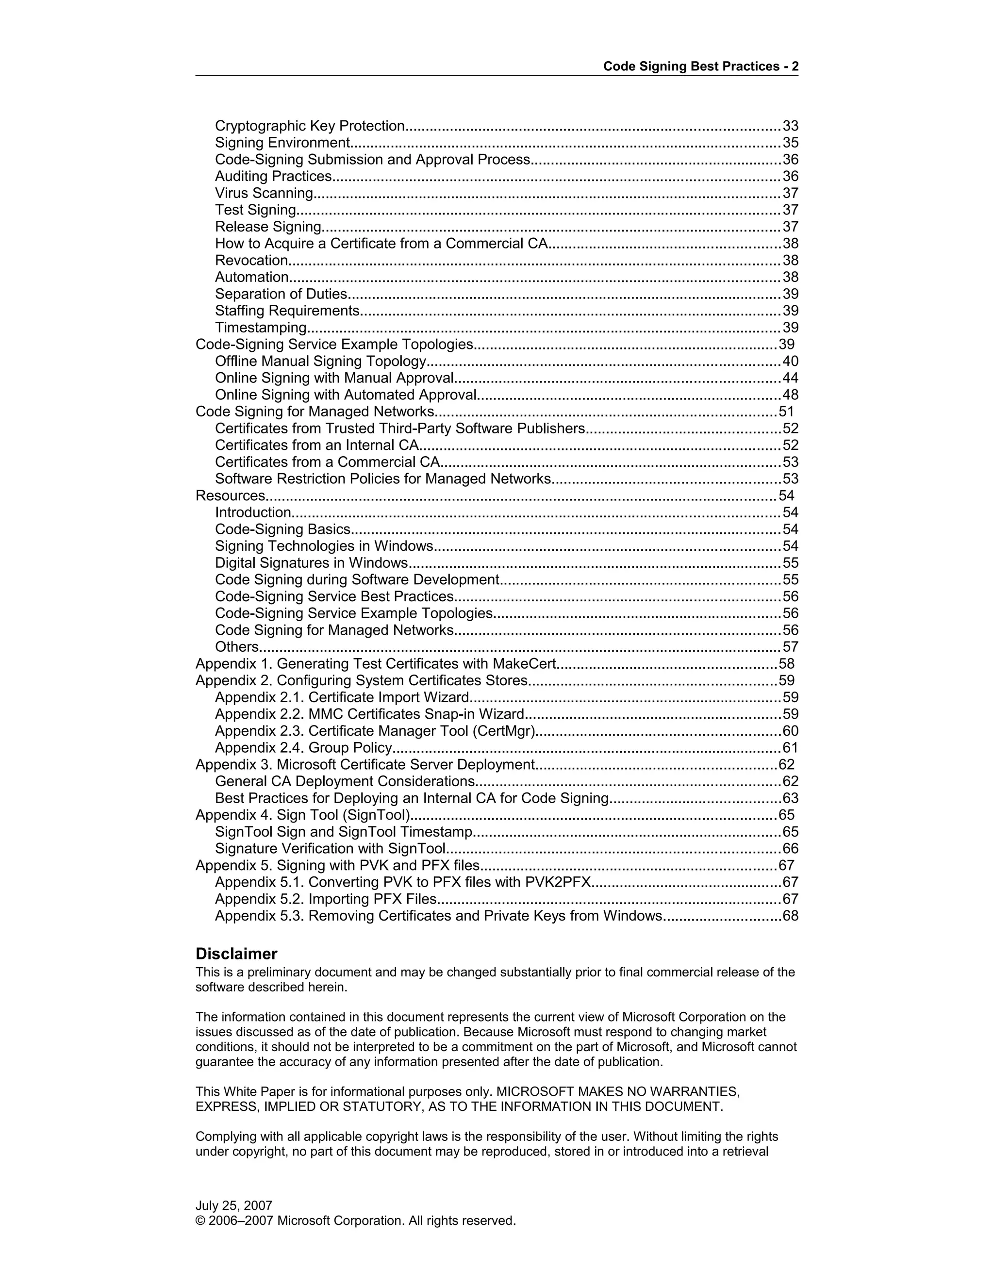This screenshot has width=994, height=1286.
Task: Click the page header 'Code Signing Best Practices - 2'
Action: click(x=700, y=66)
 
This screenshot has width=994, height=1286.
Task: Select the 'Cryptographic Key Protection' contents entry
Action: click(x=310, y=126)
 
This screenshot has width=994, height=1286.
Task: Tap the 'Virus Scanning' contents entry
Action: click(x=264, y=193)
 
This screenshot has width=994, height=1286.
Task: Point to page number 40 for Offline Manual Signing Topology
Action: click(x=790, y=361)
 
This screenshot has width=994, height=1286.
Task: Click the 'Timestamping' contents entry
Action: click(x=261, y=328)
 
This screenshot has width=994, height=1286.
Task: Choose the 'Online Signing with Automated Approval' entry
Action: click(x=346, y=395)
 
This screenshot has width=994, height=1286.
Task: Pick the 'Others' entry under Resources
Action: click(x=237, y=646)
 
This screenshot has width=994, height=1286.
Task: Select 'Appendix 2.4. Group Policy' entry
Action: click(x=303, y=747)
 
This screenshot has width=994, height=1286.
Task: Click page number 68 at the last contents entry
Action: click(x=790, y=916)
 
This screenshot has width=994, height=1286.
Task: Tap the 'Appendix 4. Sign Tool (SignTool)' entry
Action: click(x=303, y=814)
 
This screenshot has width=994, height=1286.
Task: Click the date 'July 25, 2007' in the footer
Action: click(x=234, y=1205)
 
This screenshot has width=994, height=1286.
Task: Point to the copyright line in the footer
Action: click(x=355, y=1220)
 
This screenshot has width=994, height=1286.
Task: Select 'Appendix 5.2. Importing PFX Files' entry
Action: click(x=326, y=899)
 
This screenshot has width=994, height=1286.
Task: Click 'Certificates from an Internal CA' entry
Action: click(x=317, y=445)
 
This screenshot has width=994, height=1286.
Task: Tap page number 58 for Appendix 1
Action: click(x=786, y=663)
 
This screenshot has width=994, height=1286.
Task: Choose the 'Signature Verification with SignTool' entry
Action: click(x=330, y=848)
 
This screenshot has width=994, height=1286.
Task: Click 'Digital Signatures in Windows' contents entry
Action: click(x=312, y=562)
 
